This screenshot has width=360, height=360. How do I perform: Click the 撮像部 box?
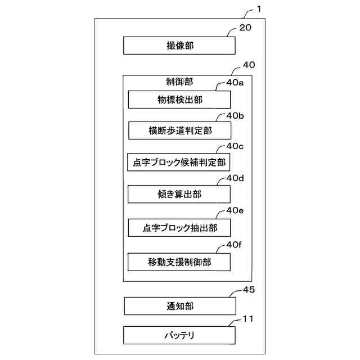click(179, 46)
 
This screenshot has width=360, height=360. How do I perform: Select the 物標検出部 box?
click(179, 100)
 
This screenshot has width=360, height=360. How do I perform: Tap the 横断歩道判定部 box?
click(179, 130)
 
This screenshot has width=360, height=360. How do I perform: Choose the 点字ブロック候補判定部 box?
click(179, 163)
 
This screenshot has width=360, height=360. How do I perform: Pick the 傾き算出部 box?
click(179, 194)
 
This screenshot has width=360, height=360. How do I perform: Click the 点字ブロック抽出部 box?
click(179, 227)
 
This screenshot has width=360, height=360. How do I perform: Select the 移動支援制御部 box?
click(179, 262)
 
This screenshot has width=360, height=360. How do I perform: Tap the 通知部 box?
click(179, 306)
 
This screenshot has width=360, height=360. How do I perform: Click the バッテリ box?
click(179, 336)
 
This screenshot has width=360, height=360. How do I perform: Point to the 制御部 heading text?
click(179, 82)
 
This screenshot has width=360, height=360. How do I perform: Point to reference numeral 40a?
click(235, 83)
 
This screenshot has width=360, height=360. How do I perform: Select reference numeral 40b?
click(235, 115)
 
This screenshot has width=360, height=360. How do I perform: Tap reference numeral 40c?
click(235, 147)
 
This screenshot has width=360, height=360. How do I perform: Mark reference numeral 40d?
click(235, 179)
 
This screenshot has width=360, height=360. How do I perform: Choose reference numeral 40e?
click(235, 211)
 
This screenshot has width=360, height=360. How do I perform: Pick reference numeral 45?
click(248, 290)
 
